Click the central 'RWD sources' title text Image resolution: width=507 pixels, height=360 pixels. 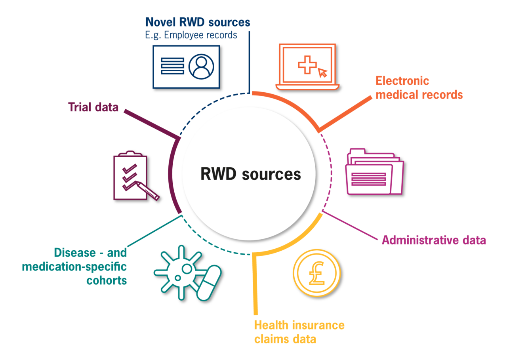pos(250,174)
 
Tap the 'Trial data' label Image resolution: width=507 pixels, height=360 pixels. pos(93,107)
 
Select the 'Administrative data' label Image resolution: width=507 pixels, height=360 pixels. pos(434,240)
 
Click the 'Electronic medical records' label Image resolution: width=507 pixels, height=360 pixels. pos(419,88)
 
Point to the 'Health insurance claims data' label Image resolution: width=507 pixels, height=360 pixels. pos(299,332)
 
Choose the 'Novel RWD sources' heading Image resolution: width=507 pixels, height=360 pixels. pos(198,23)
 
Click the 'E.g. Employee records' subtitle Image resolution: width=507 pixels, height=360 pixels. pos(191,35)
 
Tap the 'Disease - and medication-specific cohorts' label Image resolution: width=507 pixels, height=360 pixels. pos(74,267)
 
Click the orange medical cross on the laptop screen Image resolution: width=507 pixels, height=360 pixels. pos(307,64)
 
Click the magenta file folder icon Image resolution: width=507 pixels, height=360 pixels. pos(374,172)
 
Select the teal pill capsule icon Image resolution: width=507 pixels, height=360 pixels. pos(209,283)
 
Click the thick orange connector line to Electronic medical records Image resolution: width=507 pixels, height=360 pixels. pos(346,113)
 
